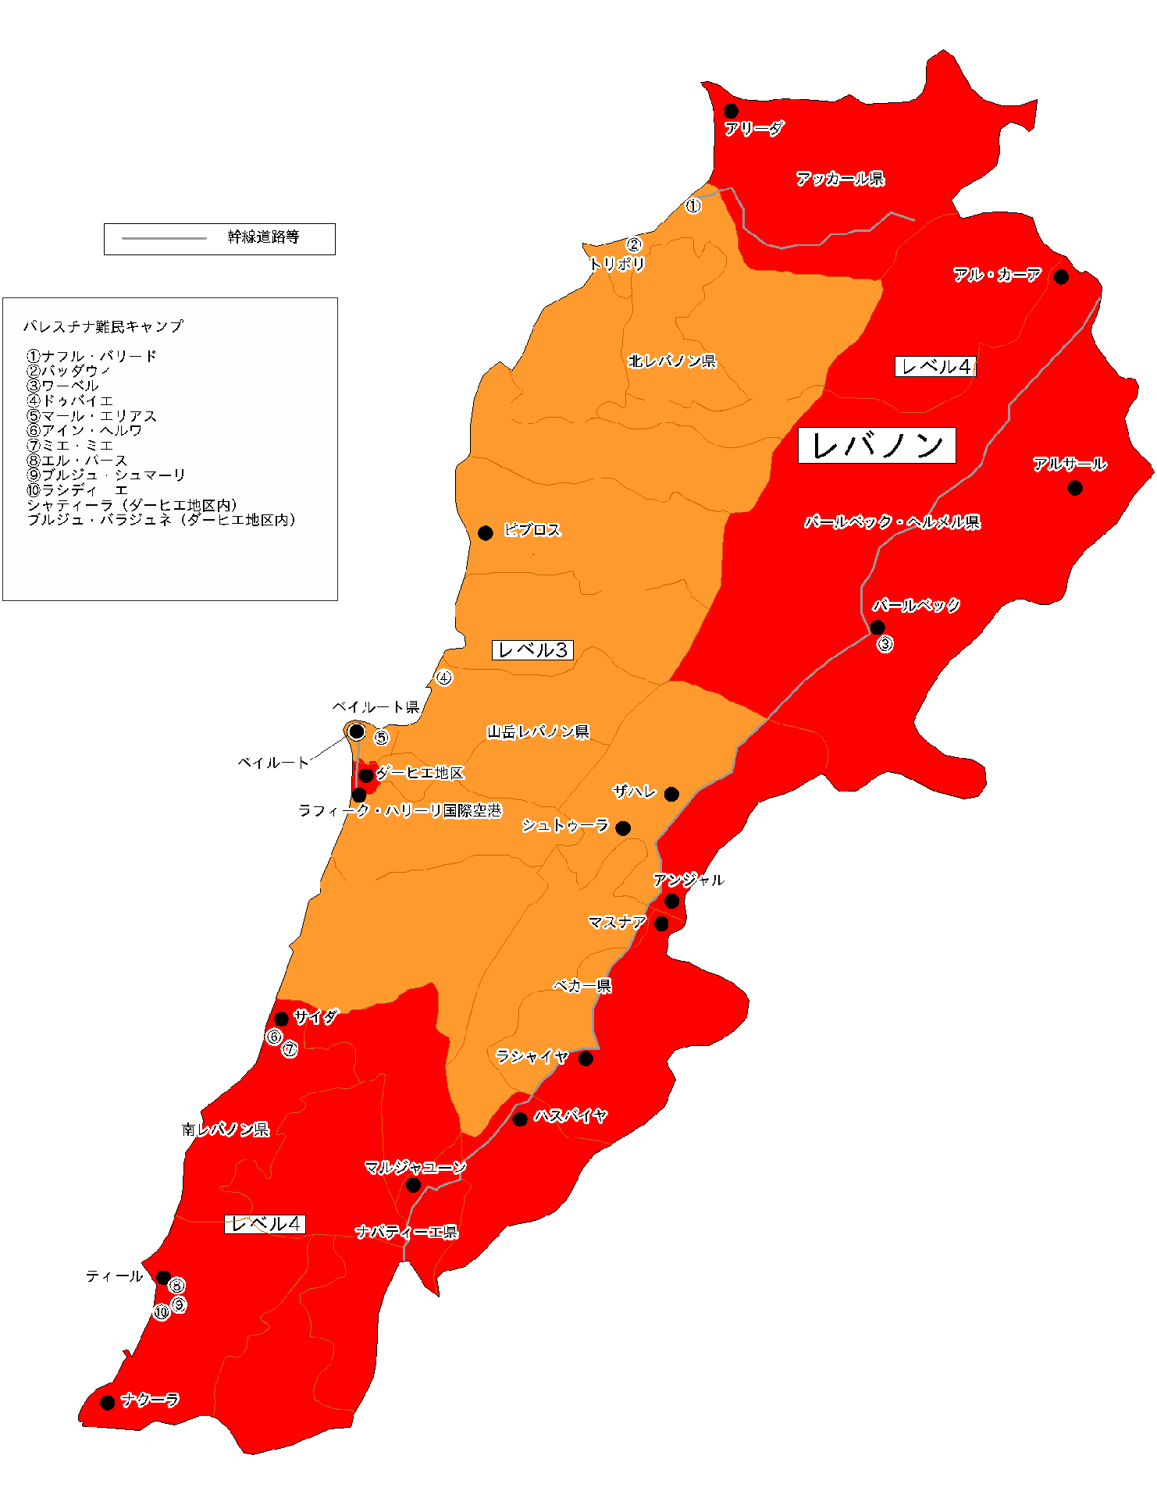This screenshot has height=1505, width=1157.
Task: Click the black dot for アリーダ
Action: click(x=731, y=111)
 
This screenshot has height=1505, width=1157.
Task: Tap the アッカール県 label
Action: click(x=840, y=179)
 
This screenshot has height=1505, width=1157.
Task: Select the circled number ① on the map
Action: click(x=693, y=206)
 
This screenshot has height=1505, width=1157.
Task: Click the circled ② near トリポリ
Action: click(x=634, y=245)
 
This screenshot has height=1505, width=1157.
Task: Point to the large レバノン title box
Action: click(x=877, y=446)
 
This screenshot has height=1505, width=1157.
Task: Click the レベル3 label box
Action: click(x=532, y=650)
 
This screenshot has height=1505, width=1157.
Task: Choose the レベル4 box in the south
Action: click(x=265, y=1225)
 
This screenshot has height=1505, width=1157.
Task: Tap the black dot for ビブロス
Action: click(x=485, y=533)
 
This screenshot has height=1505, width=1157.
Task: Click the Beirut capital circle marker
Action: click(x=356, y=731)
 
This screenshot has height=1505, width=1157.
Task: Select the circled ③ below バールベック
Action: click(x=885, y=645)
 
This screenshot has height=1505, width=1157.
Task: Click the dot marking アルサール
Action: click(x=1075, y=488)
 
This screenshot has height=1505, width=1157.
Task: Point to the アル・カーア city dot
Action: click(x=1061, y=276)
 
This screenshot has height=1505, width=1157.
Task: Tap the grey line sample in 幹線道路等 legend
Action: click(x=165, y=238)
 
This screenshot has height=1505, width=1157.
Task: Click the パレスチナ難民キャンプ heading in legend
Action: click(x=103, y=326)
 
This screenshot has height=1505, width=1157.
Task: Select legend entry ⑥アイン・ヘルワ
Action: click(x=84, y=430)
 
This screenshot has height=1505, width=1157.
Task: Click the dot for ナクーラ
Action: click(x=108, y=1403)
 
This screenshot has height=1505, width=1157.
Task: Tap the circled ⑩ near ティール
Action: click(x=162, y=1312)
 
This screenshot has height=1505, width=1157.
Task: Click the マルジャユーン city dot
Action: click(x=414, y=1185)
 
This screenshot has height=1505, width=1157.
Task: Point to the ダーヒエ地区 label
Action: click(x=420, y=773)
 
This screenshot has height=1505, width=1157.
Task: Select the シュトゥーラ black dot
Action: click(x=623, y=828)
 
